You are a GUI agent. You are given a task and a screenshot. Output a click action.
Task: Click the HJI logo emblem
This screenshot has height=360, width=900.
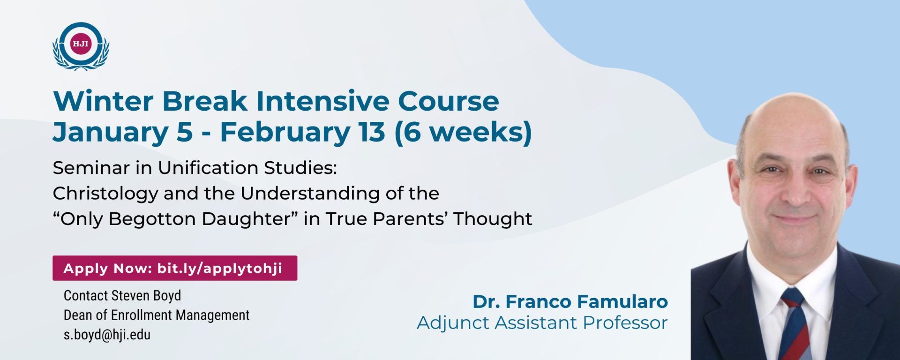81,46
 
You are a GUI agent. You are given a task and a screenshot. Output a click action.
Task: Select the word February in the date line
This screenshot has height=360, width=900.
285,132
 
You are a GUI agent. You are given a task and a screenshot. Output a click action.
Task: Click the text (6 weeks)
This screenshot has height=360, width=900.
463,132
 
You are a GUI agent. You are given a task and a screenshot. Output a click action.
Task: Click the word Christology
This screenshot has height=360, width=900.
105,194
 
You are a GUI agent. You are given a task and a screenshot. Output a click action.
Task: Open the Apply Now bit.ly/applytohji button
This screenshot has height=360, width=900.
175,268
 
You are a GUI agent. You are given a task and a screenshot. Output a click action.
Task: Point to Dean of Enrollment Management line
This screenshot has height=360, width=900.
157,315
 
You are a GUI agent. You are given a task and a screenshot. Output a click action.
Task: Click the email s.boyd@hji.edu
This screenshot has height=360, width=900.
107,335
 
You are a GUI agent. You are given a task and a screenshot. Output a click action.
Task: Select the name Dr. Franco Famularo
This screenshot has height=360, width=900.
570,301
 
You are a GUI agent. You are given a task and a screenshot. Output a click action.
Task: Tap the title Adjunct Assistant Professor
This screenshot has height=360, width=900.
542,323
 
